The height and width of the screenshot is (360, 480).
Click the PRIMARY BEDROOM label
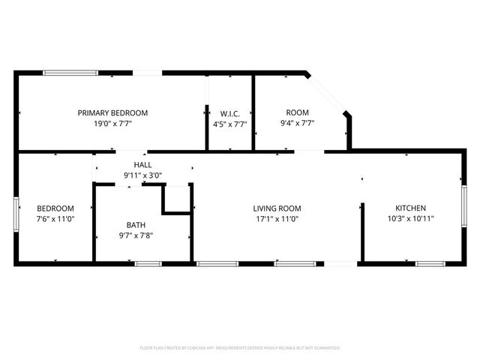tap(112, 112)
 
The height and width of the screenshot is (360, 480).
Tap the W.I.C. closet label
tap(229, 112)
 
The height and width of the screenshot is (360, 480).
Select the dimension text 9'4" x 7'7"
tap(297, 124)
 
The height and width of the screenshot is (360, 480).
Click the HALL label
tap(142, 164)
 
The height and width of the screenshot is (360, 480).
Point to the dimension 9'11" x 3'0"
tap(142, 175)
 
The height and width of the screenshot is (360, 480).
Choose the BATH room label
tap(136, 224)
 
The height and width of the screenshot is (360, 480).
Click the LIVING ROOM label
tap(276, 208)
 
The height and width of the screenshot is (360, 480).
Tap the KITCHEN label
tap(411, 208)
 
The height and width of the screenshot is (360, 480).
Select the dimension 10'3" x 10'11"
tap(411, 219)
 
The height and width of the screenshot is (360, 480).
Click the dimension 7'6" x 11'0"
tap(55, 219)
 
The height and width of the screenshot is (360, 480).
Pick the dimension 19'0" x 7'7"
tap(112, 124)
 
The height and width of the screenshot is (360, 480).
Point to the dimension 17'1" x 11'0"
tap(276, 219)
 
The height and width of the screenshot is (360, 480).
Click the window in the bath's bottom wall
tap(148, 263)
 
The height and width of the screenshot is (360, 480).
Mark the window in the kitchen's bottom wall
tap(430, 263)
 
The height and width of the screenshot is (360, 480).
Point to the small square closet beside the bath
tap(178, 199)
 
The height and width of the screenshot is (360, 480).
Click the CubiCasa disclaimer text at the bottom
tap(240, 348)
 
